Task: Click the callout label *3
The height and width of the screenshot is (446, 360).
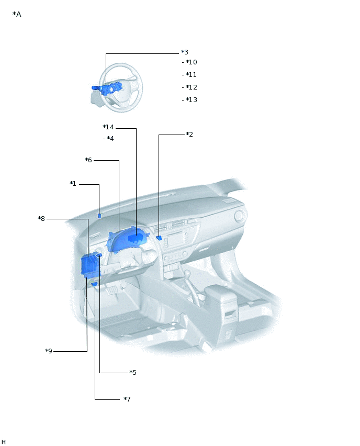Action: pos(185,52)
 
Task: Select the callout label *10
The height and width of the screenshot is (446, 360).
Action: pos(191,62)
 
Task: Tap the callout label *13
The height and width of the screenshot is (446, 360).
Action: pos(191,100)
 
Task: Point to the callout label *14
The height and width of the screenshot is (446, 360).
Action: pos(108,127)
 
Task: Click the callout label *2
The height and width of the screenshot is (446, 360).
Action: pos(189,135)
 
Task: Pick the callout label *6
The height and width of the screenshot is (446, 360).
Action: pos(88,160)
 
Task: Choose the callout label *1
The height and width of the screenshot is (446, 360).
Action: pos(73,184)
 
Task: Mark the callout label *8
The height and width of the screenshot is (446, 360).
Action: pos(41,218)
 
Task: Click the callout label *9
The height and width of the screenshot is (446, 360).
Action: pos(49,351)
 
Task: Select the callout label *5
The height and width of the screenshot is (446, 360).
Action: pos(133,373)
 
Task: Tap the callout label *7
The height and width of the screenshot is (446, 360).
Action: pos(127,399)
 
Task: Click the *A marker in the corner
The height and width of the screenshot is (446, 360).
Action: pos(17,14)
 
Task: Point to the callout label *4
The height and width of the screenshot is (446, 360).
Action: pos(110,139)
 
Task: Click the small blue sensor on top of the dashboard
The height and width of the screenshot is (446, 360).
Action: pos(99,215)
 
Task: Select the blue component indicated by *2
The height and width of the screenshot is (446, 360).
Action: pos(159,238)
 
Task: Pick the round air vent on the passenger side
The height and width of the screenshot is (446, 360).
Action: pos(240,216)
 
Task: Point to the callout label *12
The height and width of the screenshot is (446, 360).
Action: pos(191,87)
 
